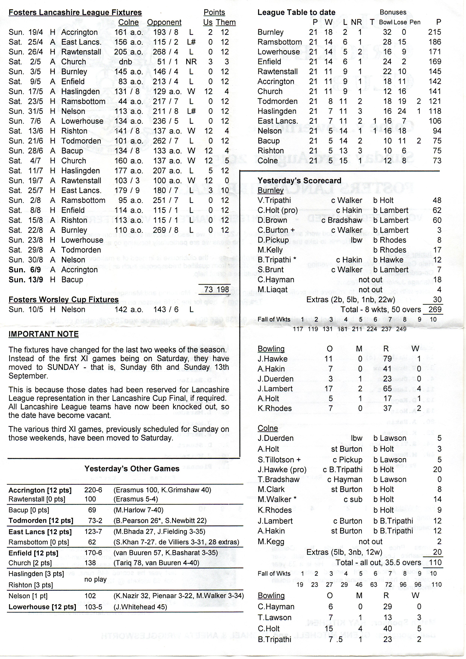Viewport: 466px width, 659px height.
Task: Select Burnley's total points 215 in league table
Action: pos(434,32)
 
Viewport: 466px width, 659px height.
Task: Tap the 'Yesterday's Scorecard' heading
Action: pos(299,181)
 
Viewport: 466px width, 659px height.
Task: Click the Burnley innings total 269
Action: pos(435,310)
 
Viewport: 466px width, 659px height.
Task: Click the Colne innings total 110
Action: pos(435,562)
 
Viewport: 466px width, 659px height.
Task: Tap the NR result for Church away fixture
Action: pos(191,62)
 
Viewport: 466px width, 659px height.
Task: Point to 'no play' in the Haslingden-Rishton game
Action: pos(95,580)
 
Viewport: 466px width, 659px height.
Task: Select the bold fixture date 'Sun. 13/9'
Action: pos(26,280)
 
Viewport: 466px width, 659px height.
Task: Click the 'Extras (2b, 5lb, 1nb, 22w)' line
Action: pos(351,300)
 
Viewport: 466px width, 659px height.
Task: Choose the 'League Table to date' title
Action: pos(296,12)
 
